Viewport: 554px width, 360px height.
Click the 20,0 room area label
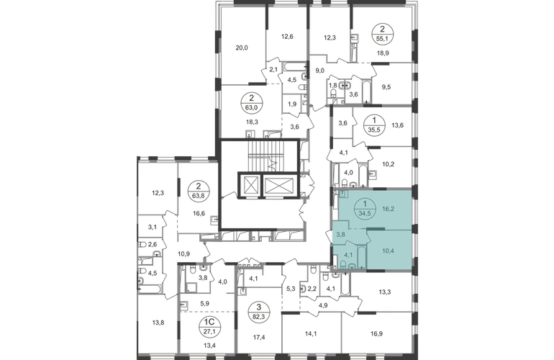coord(242,48)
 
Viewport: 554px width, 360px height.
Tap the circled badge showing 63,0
coord(252,102)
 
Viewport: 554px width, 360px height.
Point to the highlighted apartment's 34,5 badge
coord(365,208)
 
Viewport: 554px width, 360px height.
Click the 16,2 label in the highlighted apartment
coord(388,209)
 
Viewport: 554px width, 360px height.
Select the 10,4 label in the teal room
coord(388,251)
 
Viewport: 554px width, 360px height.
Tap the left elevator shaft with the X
coord(250,185)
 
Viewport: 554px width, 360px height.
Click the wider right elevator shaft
coord(279,185)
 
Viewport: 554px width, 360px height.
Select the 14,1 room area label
coord(312,333)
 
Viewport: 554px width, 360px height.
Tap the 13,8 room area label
coord(158,323)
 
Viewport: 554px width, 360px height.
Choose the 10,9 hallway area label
coord(184,253)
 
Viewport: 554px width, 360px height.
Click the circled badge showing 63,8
coord(198,191)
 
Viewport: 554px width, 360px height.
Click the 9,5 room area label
coord(386,86)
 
